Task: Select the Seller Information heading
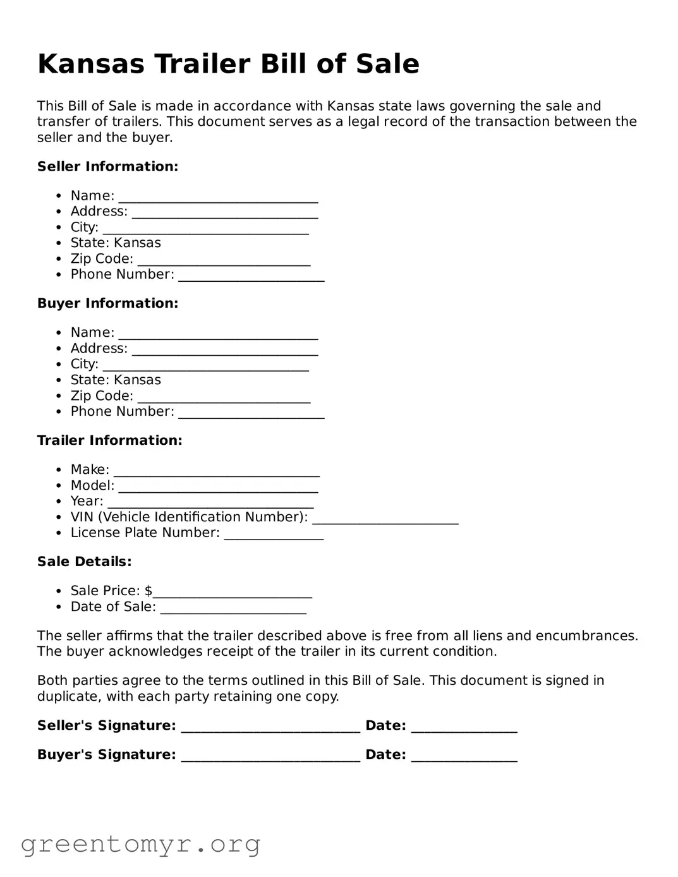[x=107, y=167]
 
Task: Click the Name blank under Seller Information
[x=218, y=197]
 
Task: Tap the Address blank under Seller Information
[x=224, y=213]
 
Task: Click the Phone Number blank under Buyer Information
[x=251, y=413]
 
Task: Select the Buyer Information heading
[x=107, y=303]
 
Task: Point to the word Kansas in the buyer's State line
[x=137, y=380]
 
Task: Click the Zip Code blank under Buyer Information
[x=224, y=397]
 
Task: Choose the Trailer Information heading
[x=109, y=440]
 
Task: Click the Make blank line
[x=216, y=471]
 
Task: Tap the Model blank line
[x=218, y=487]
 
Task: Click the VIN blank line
[x=385, y=518]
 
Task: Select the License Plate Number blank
[x=274, y=534]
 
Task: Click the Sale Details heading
[x=84, y=562]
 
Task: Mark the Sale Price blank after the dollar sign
[x=233, y=592]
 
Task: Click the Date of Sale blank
[x=233, y=608]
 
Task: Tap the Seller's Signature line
[x=270, y=727]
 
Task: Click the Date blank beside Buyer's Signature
[x=464, y=756]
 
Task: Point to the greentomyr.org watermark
[x=140, y=844]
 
